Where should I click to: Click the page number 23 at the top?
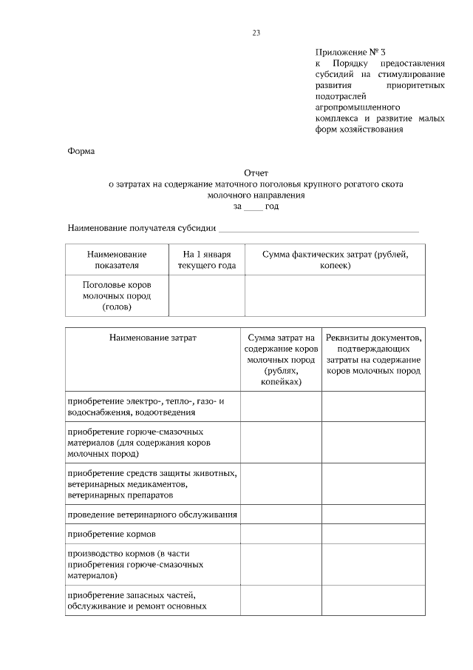pos(256,33)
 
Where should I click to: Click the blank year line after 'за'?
pos(253,207)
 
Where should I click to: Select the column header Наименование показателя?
pos(117,258)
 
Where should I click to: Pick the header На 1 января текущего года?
pos(207,258)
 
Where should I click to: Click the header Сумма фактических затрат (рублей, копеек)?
pos(334,258)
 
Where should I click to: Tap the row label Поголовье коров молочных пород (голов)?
pos(117,295)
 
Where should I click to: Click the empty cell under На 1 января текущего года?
pos(207,295)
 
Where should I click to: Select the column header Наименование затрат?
pos(153,337)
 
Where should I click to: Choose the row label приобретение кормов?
pos(111,534)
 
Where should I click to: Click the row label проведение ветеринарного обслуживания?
pos(152,515)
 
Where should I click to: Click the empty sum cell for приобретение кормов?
pos(281,534)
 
